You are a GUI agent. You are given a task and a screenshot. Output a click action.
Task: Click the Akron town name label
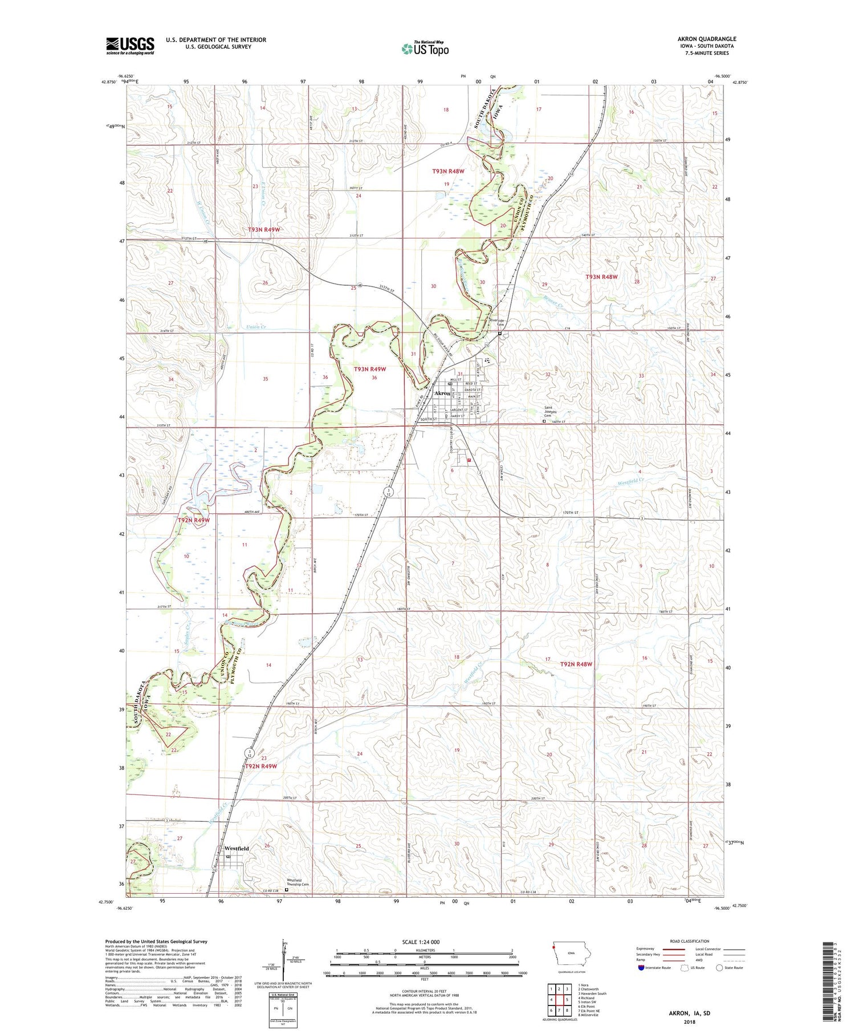[x=442, y=394]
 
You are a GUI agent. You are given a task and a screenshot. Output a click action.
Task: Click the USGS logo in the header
[x=130, y=46]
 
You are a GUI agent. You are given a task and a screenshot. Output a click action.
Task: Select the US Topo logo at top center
[x=425, y=49]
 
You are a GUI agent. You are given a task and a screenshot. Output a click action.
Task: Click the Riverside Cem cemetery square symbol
[x=500, y=334]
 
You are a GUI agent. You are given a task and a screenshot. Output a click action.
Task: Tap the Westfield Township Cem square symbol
[x=287, y=889]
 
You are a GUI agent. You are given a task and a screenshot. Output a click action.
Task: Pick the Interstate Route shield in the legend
[x=641, y=968]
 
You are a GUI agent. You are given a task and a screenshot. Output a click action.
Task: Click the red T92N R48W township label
[x=576, y=664]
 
